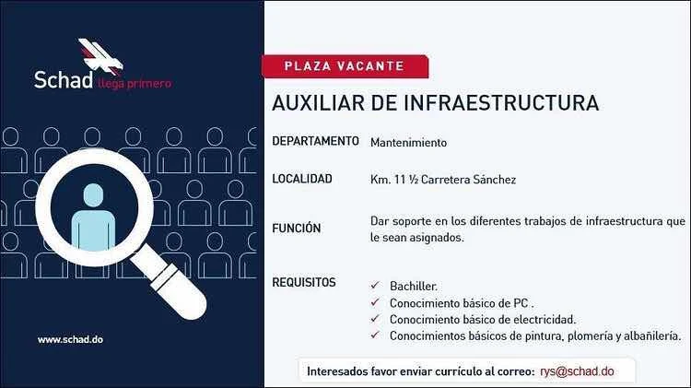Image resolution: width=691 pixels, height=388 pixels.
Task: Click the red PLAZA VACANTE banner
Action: pyautogui.click(x=345, y=66)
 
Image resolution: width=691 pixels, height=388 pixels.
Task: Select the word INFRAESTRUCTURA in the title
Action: pyautogui.click(x=501, y=103)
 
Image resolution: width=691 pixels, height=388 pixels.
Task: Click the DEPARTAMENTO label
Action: pyautogui.click(x=315, y=141)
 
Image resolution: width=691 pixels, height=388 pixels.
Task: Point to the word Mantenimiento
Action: pyautogui.click(x=408, y=143)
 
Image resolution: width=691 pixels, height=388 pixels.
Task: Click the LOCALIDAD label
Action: pyautogui.click(x=302, y=179)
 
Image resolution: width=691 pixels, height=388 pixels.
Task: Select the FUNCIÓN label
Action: pyautogui.click(x=296, y=228)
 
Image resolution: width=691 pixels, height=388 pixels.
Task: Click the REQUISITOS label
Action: pyautogui.click(x=304, y=282)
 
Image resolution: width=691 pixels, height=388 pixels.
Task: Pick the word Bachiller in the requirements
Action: pyautogui.click(x=413, y=286)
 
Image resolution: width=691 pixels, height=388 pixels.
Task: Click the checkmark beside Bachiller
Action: pyautogui.click(x=375, y=286)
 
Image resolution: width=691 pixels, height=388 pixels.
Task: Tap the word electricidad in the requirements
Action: pyautogui.click(x=545, y=319)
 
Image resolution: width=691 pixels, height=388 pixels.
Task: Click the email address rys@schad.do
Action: pyautogui.click(x=577, y=371)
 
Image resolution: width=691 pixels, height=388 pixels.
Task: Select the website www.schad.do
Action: pyautogui.click(x=71, y=339)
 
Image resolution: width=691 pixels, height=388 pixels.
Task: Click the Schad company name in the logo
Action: pyautogui.click(x=64, y=80)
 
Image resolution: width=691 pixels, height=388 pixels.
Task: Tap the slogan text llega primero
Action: pyautogui.click(x=135, y=83)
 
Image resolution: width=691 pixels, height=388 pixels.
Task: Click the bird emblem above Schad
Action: pyautogui.click(x=101, y=55)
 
